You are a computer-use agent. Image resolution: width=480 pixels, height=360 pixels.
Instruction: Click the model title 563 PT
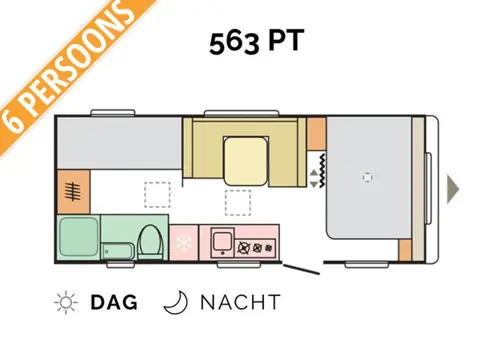tap(256, 44)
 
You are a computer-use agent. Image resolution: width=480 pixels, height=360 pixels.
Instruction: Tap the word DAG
tap(113, 302)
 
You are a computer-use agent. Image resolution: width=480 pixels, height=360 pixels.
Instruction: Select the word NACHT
tap(240, 302)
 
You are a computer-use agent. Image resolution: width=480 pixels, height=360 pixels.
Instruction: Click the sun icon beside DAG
tap(67, 302)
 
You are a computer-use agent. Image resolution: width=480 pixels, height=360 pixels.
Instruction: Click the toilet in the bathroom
tap(151, 241)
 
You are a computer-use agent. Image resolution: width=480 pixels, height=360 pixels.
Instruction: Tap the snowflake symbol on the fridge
tap(184, 242)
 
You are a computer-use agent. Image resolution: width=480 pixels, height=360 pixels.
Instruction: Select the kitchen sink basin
tap(221, 241)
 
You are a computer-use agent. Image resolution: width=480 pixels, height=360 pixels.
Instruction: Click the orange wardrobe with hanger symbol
tap(73, 190)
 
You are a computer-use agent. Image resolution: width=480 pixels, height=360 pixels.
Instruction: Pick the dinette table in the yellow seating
tap(245, 160)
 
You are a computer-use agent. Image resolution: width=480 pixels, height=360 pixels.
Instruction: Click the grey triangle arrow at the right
tap(453, 186)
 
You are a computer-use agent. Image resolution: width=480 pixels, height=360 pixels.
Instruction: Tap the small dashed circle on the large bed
tap(368, 179)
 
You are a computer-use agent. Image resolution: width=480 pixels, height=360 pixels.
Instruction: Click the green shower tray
tap(77, 237)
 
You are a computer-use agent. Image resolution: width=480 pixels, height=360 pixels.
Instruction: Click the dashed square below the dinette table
tap(238, 201)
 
